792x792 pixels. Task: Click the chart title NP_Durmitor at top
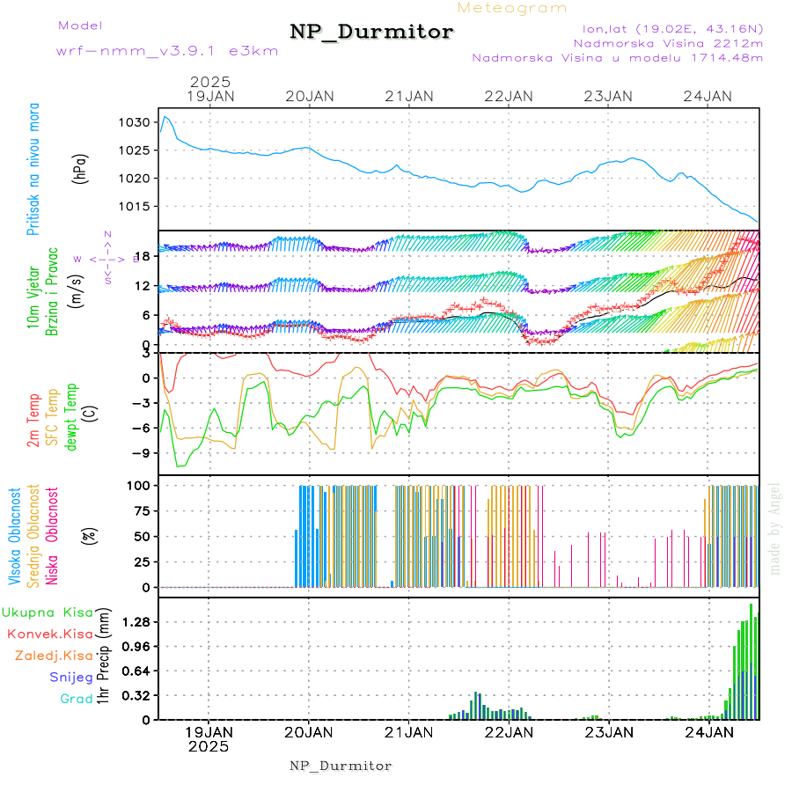pyautogui.click(x=371, y=32)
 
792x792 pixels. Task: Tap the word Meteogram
pyautogui.click(x=512, y=8)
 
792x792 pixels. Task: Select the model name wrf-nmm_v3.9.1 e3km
pyautogui.click(x=167, y=51)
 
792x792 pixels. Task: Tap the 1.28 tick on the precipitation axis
pyautogui.click(x=136, y=622)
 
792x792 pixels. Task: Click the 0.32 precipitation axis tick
pyautogui.click(x=136, y=695)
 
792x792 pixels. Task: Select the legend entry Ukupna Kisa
pyautogui.click(x=48, y=612)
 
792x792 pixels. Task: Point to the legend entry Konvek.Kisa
pyautogui.click(x=49, y=634)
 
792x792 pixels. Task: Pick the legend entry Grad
pyautogui.click(x=77, y=700)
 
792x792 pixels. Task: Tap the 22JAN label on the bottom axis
pyautogui.click(x=509, y=732)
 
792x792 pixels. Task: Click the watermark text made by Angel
pyautogui.click(x=775, y=528)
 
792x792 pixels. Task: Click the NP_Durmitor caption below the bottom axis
pyautogui.click(x=341, y=766)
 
